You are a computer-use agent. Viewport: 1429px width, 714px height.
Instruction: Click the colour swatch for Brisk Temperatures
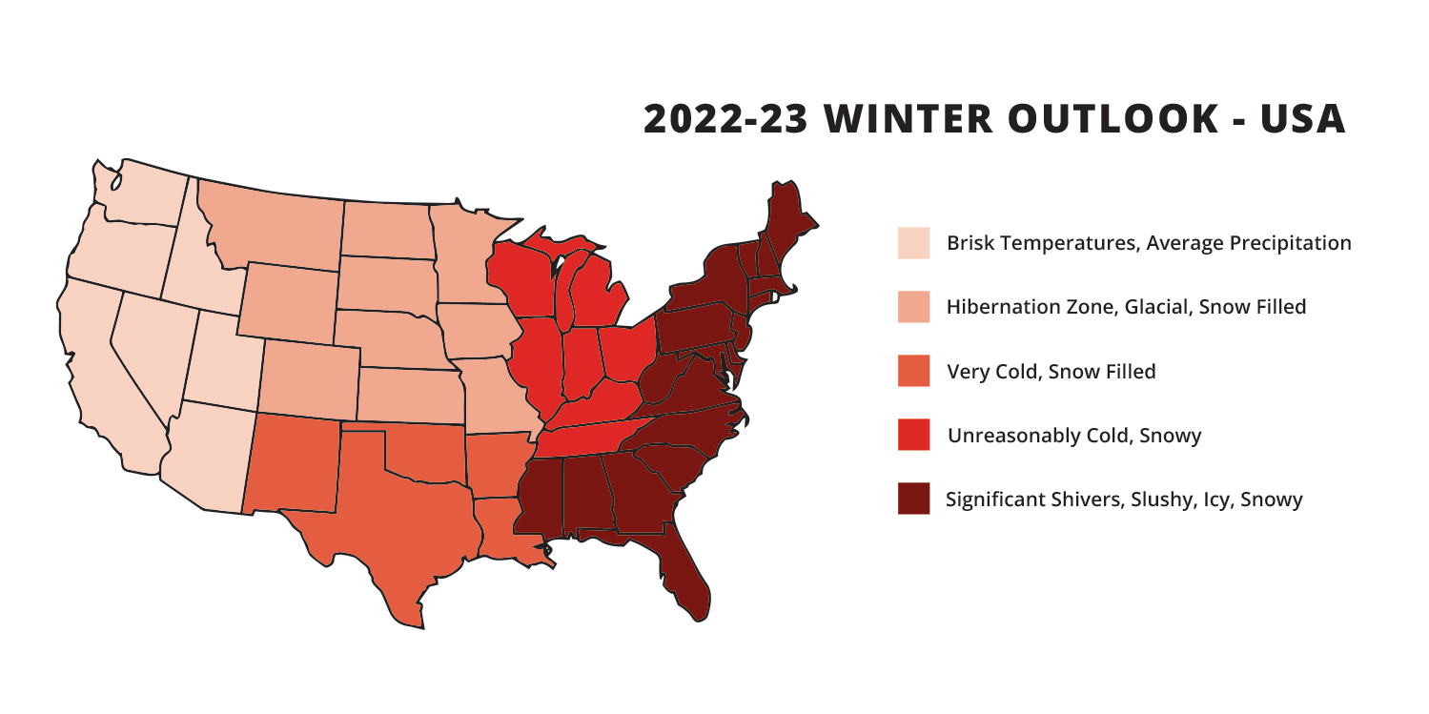tap(913, 243)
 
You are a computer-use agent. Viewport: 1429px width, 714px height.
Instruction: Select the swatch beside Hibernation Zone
tap(913, 307)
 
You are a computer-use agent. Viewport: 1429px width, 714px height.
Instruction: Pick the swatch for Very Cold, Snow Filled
tap(913, 371)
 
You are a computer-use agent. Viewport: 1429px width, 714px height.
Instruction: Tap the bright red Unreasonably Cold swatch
tap(913, 435)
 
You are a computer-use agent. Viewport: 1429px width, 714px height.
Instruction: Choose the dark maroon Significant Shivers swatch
tap(913, 499)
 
